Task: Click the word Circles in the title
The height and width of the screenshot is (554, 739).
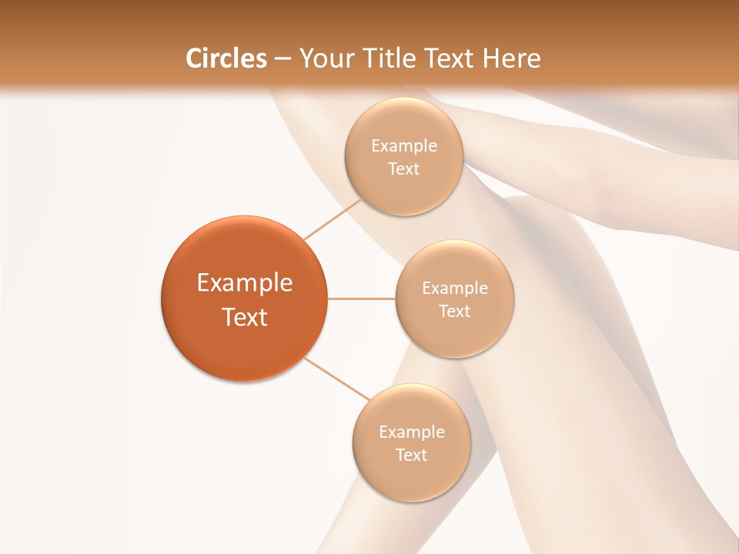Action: click(x=226, y=58)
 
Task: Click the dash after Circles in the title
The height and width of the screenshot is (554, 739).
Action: click(x=283, y=59)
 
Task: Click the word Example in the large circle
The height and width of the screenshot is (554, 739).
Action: click(x=245, y=283)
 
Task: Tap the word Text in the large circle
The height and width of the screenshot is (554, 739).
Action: click(x=245, y=317)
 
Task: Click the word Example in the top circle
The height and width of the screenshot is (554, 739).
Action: click(x=404, y=146)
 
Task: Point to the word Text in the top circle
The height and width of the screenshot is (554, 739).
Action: click(x=404, y=169)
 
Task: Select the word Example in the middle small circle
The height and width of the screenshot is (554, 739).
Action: click(x=455, y=289)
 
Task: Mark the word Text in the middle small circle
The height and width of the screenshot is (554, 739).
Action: click(x=455, y=312)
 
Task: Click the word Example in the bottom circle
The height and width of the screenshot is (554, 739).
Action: click(x=412, y=432)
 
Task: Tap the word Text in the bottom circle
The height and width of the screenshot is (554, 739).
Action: click(x=412, y=456)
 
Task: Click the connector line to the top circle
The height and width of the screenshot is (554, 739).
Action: click(x=333, y=219)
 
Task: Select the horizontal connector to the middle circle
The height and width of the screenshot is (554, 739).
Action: click(x=362, y=299)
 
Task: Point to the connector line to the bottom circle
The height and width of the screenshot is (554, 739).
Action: click(x=337, y=379)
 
